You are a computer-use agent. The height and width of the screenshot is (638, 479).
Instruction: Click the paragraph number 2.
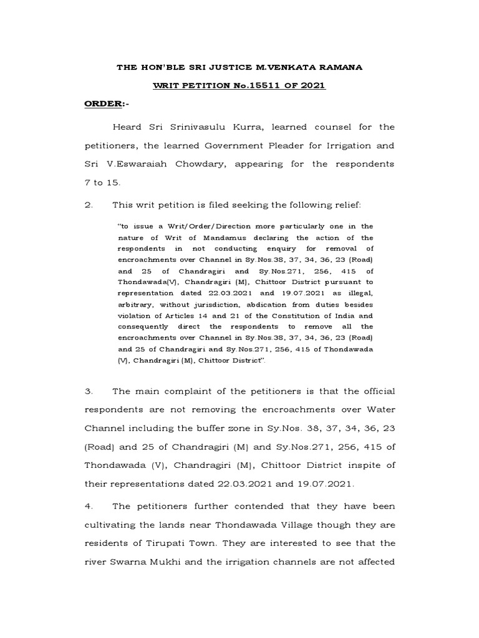[88, 204]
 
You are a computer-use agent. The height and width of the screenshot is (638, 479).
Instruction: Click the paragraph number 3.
[88, 391]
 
